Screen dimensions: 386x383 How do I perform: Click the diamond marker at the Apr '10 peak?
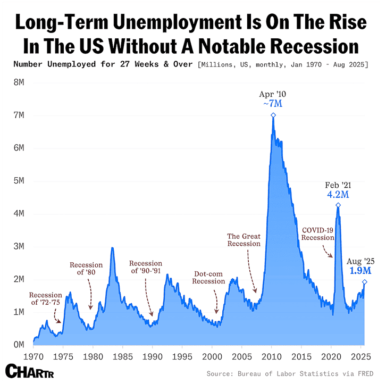pos(273,115)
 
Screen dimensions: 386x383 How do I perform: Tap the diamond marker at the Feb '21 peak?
pos(338,205)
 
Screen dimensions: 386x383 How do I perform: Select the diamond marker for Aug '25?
pos(365,282)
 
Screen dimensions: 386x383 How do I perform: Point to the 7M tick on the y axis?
pos(19,115)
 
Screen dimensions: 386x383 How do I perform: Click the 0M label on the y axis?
pos(19,345)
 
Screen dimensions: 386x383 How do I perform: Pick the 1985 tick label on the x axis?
pos(123,356)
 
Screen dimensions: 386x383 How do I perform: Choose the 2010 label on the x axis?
pos(272,356)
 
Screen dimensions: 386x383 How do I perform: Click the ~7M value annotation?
pos(273,104)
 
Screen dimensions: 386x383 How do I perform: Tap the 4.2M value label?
pos(338,195)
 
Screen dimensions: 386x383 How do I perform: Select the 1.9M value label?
pos(360,271)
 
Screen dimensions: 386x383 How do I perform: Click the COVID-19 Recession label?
pos(318,234)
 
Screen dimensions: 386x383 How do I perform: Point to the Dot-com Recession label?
pos(208,278)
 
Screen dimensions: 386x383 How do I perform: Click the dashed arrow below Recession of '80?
pos(90,294)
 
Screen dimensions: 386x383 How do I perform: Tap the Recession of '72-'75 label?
pos(46,298)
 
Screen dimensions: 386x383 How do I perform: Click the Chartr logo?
pos(30,371)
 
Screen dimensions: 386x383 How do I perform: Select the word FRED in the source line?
pos(366,373)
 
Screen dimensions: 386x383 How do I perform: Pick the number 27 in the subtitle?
pos(125,64)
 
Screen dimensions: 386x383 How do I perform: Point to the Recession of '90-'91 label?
pos(146,267)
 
